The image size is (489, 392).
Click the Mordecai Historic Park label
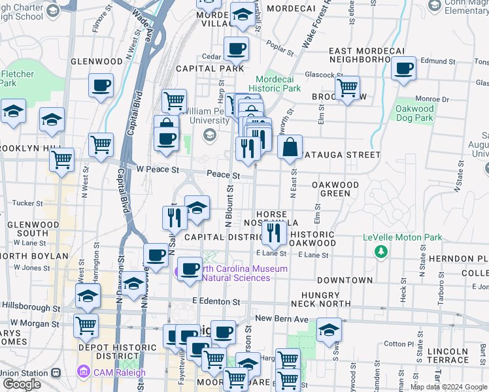click(x=278, y=84)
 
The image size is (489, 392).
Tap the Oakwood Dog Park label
click(x=414, y=113)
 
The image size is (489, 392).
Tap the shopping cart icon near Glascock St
click(x=347, y=87)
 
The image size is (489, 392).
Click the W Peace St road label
click(x=157, y=170)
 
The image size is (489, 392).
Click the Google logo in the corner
click(x=22, y=384)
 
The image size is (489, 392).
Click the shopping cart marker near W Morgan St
click(x=86, y=325)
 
